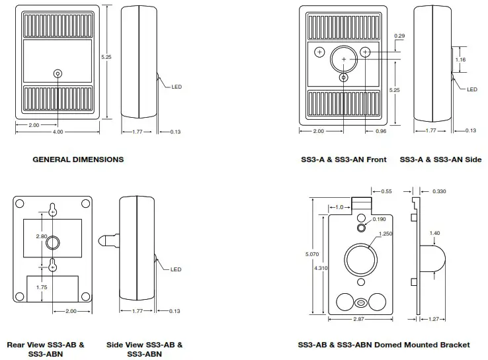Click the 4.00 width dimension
tap(58, 132)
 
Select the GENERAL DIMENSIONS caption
tap(78, 159)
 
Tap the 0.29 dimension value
tap(399, 35)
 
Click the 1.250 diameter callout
tap(386, 233)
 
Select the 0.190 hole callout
tap(378, 218)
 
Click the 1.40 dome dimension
tap(434, 233)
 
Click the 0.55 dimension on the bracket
tap(386, 191)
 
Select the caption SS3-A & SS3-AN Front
tap(343, 159)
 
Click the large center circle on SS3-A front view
tap(343, 59)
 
